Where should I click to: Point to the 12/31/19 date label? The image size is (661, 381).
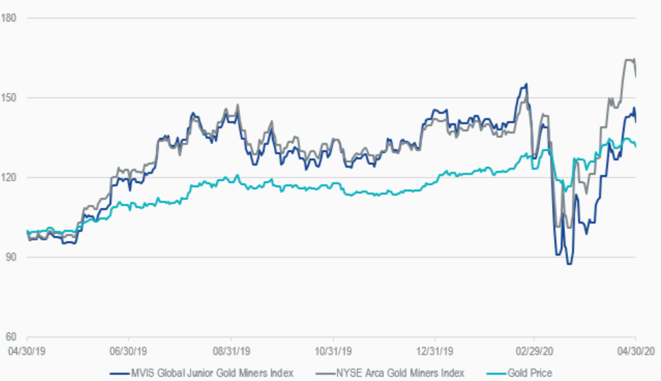[436, 350]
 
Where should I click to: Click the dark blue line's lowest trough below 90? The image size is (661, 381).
[569, 264]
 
